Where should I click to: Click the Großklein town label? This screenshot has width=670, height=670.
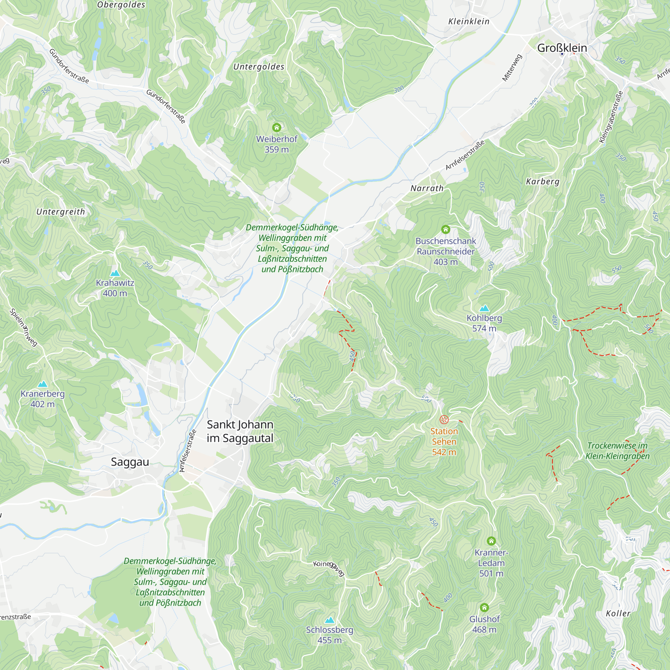tap(562, 48)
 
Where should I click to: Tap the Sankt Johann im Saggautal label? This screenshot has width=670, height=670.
tap(240, 431)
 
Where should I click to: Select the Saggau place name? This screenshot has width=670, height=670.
tap(130, 462)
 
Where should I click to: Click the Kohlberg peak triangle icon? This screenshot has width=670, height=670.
tap(484, 308)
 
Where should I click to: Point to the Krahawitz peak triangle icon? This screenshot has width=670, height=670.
tap(115, 273)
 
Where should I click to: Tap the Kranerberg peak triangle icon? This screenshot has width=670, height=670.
tap(42, 384)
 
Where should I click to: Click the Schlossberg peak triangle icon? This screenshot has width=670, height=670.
tap(329, 620)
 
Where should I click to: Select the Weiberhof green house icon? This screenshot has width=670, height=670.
tap(276, 128)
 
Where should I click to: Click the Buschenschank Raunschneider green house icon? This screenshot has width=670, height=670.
tap(446, 229)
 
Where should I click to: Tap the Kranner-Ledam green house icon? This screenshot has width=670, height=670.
tap(491, 541)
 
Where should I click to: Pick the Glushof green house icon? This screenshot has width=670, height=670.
tap(484, 608)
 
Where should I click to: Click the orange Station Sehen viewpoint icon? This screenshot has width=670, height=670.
tap(444, 420)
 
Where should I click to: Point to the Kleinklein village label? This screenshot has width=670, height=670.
tap(469, 21)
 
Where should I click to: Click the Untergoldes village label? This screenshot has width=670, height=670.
tap(259, 67)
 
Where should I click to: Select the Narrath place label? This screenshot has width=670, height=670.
tap(427, 188)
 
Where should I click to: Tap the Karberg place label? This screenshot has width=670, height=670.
tap(543, 181)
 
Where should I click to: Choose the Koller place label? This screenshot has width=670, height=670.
tap(618, 613)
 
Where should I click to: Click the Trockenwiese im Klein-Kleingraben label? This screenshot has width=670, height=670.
tap(617, 451)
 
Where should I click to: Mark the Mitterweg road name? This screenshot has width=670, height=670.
tap(512, 68)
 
